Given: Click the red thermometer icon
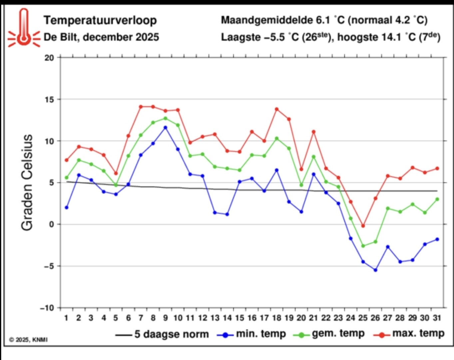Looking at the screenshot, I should (23, 28).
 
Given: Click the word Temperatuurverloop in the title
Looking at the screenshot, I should (100, 20).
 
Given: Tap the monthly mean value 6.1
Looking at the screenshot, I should (323, 20).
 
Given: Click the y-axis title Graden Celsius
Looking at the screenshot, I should (27, 183).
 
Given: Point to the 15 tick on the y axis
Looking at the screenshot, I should (49, 99).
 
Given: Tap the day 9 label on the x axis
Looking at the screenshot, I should (165, 318).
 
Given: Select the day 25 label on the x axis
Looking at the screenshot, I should (363, 318).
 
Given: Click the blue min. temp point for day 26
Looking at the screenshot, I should (375, 270).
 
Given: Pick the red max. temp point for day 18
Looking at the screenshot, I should (276, 109).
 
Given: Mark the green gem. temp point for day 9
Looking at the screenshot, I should (165, 118).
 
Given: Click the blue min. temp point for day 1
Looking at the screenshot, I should (67, 207).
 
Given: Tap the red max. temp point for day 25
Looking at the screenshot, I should (363, 226).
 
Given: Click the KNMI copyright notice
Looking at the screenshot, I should (28, 340).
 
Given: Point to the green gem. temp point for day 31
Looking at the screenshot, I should (437, 199).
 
